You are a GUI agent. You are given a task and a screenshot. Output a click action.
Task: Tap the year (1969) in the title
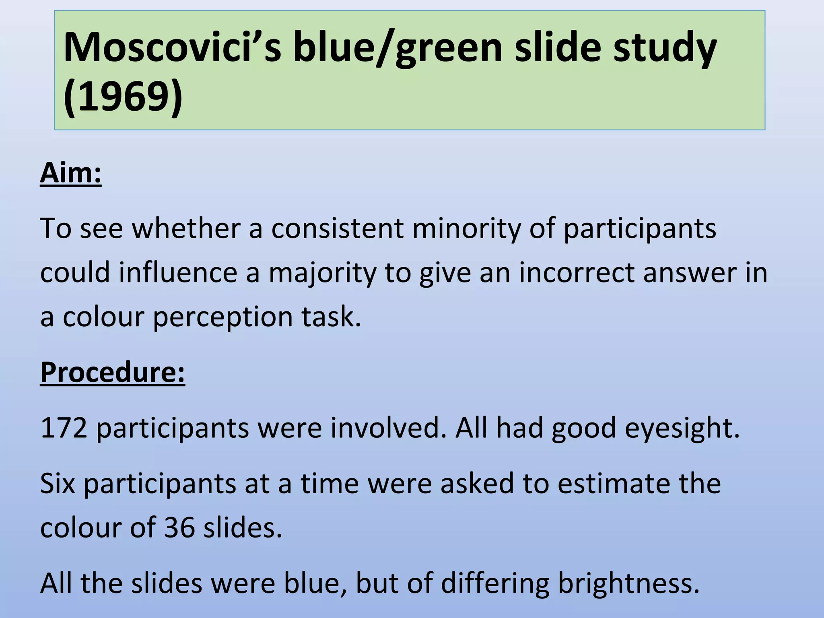coord(123,97)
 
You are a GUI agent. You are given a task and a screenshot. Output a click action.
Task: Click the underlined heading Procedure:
coord(113,372)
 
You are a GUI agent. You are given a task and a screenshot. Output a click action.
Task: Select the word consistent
coord(337,229)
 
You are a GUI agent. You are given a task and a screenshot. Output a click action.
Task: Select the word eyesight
coord(682,429)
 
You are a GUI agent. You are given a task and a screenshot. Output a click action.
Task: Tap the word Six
coord(58,483)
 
